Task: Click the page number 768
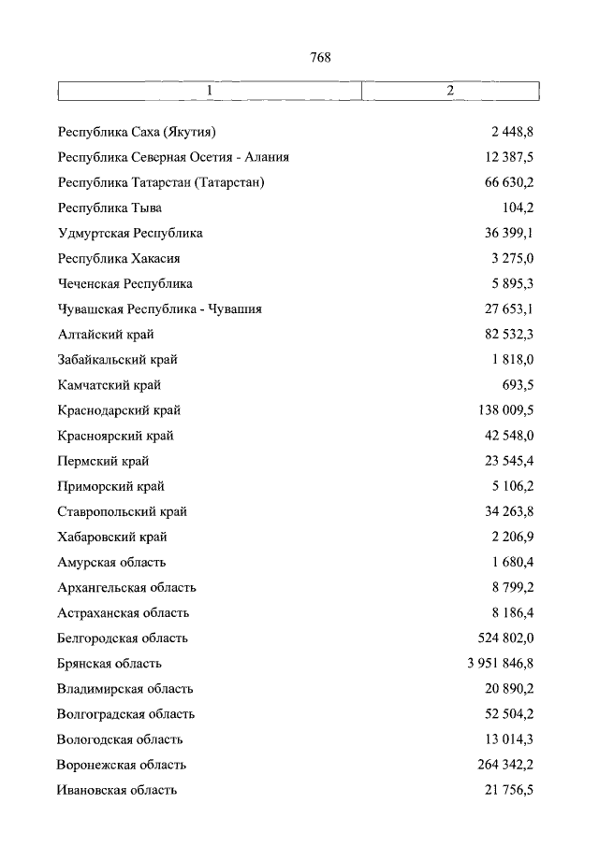tap(321, 57)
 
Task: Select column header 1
tap(210, 91)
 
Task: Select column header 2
tap(450, 91)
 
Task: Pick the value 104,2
tap(519, 208)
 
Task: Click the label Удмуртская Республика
tap(130, 233)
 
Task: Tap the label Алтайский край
tap(106, 334)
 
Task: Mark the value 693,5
tap(519, 384)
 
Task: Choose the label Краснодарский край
tap(119, 409)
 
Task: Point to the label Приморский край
tap(111, 486)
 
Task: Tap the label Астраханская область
tap(124, 613)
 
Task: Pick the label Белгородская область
tap(123, 638)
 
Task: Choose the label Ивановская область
tap(117, 790)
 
